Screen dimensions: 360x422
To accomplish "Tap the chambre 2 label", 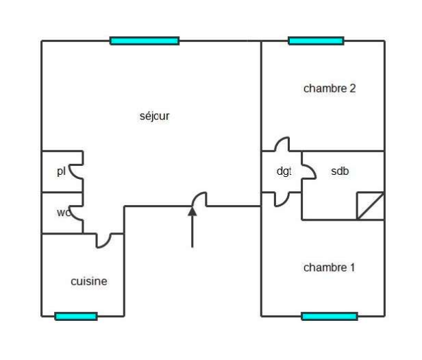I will click(x=330, y=88).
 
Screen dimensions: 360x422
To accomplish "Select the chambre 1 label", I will click(x=330, y=267).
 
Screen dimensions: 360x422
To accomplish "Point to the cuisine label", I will click(x=89, y=281).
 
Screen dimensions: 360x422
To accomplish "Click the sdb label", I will click(x=340, y=171).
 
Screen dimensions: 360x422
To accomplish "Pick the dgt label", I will click(x=284, y=171).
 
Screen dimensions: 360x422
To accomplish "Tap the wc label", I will click(x=64, y=213).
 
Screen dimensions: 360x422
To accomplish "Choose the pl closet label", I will click(x=61, y=171).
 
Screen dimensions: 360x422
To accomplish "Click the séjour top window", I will click(x=145, y=41).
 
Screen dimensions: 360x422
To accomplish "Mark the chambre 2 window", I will click(x=316, y=41).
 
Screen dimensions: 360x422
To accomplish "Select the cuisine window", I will click(x=76, y=316).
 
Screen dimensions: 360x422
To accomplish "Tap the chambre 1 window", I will click(x=330, y=316).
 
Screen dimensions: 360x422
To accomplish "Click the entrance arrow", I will click(x=193, y=226).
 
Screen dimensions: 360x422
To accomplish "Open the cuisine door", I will click(x=104, y=240).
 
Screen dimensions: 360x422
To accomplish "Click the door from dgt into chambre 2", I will click(x=282, y=145).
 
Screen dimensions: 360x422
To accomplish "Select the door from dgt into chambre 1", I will click(x=282, y=199).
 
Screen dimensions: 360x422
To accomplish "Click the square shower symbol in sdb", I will click(x=370, y=206).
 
